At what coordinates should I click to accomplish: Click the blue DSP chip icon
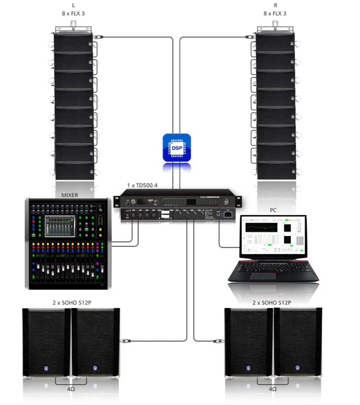coord(176,147)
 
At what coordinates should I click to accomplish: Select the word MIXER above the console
coord(70,195)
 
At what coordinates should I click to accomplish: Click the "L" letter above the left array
coord(74,5)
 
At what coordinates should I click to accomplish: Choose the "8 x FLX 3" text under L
coord(74,14)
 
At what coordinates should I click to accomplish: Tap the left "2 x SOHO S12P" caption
coord(72,302)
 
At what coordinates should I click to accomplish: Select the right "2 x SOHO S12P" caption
coord(272,302)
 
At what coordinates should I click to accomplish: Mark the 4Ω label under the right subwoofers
coord(273,389)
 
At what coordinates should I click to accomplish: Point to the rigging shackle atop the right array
coord(275,25)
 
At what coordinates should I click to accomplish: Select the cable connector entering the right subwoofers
coord(217,340)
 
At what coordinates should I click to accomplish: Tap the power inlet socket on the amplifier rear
coord(229,215)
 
